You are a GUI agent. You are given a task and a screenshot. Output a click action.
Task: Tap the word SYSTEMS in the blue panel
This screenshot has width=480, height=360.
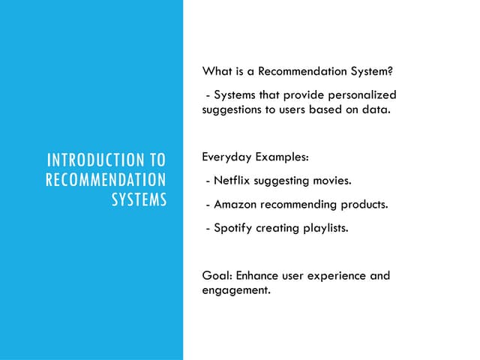point(139,200)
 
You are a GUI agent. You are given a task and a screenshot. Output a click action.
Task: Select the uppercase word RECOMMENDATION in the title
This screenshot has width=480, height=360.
point(106,180)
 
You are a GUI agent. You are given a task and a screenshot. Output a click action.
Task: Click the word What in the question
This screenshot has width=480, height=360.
point(216,72)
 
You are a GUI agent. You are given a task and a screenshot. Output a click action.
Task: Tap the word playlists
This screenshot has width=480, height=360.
point(324,226)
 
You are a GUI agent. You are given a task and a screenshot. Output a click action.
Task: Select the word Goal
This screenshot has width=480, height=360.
point(217,275)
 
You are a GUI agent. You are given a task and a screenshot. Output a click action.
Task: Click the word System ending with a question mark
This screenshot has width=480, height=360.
point(367,72)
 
